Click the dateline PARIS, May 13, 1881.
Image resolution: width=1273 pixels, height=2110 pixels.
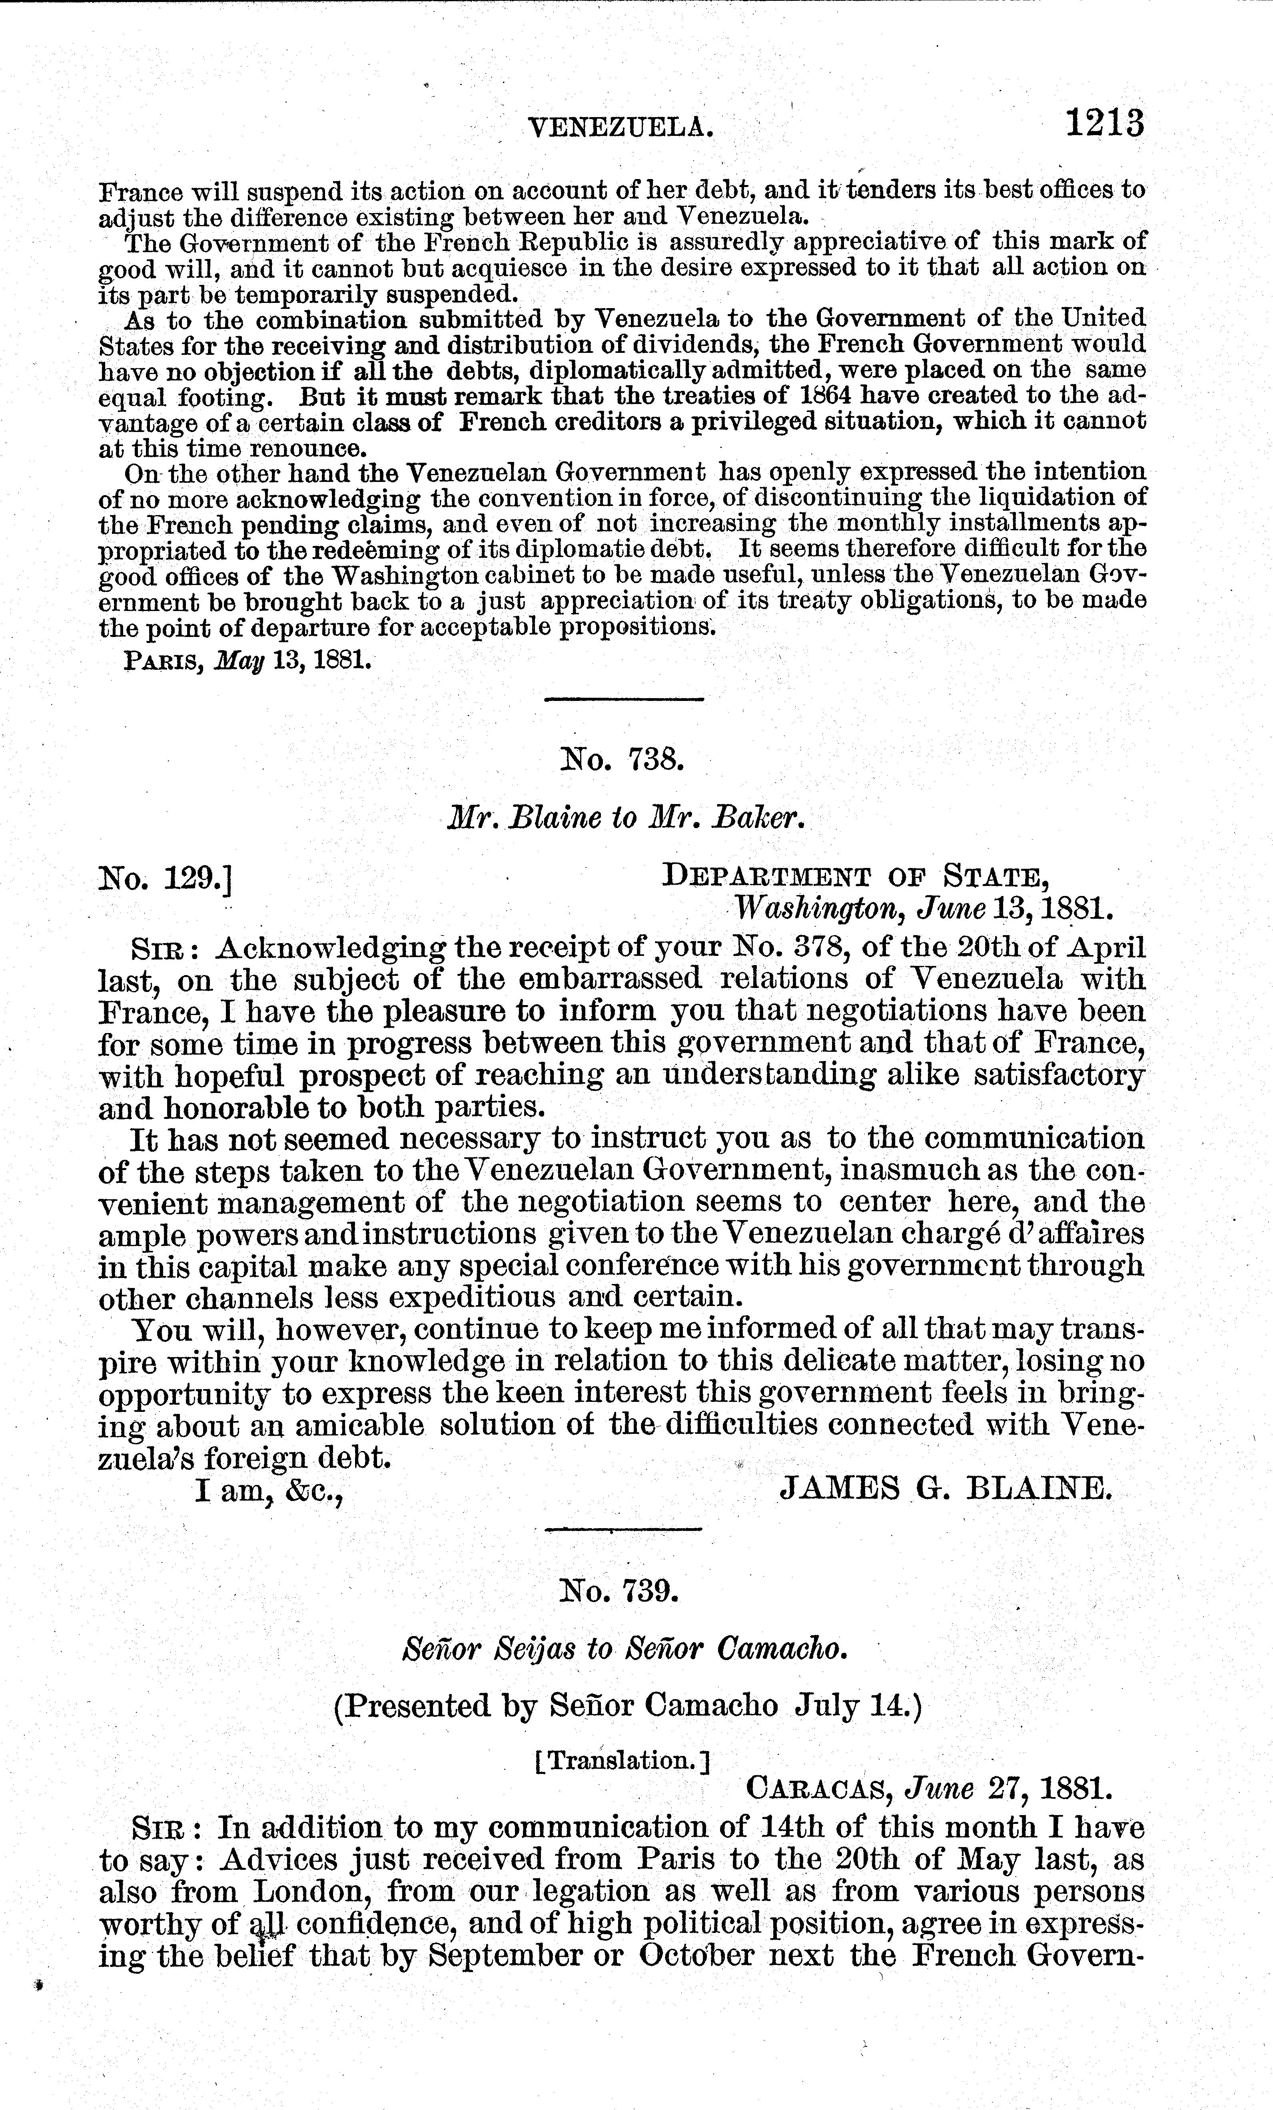coord(248,661)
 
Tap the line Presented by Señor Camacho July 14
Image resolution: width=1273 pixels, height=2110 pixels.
coord(627,1706)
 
